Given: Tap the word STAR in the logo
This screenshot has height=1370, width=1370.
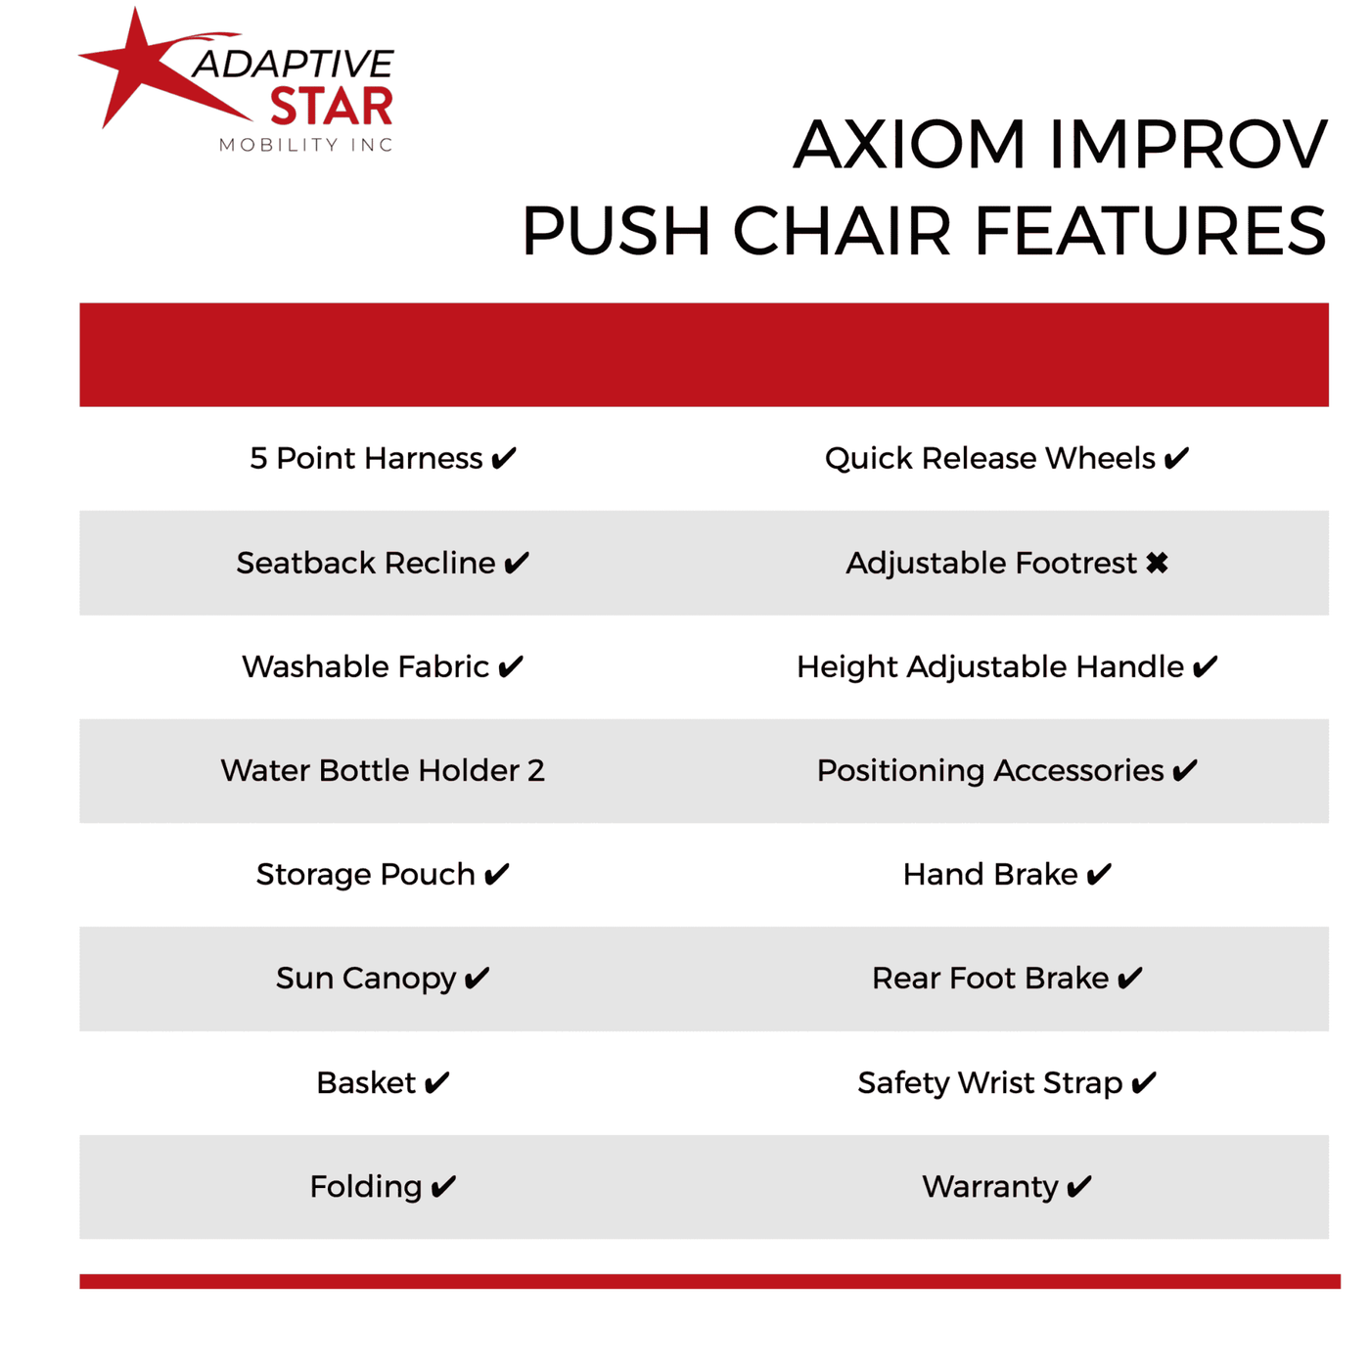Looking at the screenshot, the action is click(332, 107).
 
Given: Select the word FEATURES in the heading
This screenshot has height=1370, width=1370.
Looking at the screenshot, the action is click(1151, 230).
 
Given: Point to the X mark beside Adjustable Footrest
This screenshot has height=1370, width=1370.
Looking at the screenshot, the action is click(1157, 563).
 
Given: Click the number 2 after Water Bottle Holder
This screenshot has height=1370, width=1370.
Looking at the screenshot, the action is click(536, 771).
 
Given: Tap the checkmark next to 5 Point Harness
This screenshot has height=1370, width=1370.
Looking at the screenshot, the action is click(503, 458).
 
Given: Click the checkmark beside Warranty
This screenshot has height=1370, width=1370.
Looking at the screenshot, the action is click(1078, 1187).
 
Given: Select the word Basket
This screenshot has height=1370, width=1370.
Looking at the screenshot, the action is click(366, 1082).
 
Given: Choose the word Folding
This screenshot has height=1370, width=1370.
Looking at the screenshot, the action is click(366, 1187).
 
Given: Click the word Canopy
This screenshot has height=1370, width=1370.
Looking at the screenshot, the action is click(399, 979).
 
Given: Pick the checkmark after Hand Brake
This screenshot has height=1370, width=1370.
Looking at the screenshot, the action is click(1098, 875).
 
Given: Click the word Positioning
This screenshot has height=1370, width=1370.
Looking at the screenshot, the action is click(900, 771).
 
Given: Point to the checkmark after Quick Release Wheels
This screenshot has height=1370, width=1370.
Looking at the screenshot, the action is click(1176, 458).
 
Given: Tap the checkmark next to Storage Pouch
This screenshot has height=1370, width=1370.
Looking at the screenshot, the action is click(496, 875).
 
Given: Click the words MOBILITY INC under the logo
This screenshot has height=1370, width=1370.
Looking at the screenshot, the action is click(305, 145).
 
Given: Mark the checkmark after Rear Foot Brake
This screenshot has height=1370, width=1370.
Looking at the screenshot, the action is click(1129, 979).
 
